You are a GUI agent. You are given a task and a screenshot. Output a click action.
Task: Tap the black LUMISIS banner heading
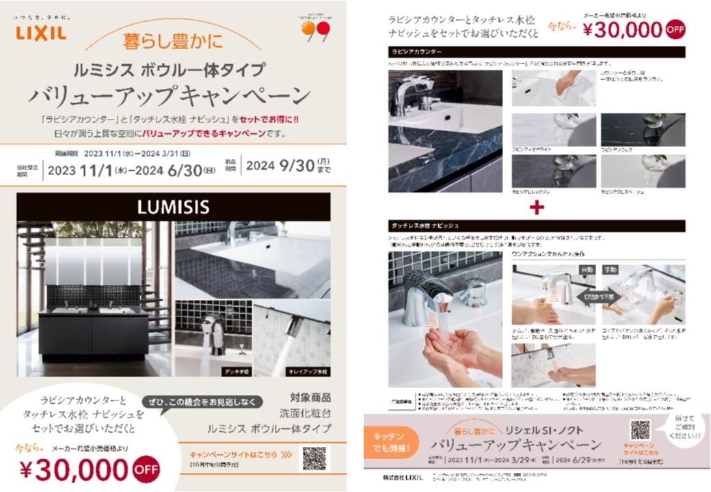point(173,206)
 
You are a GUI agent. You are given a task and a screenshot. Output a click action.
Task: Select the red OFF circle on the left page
point(146,469)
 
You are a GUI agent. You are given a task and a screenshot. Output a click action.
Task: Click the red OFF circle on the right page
point(675,29)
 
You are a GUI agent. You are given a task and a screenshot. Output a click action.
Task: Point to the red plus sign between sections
point(537,208)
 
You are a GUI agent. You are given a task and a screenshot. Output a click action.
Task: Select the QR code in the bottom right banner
point(640,430)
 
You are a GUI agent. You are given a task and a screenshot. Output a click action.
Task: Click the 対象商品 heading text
point(310,397)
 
